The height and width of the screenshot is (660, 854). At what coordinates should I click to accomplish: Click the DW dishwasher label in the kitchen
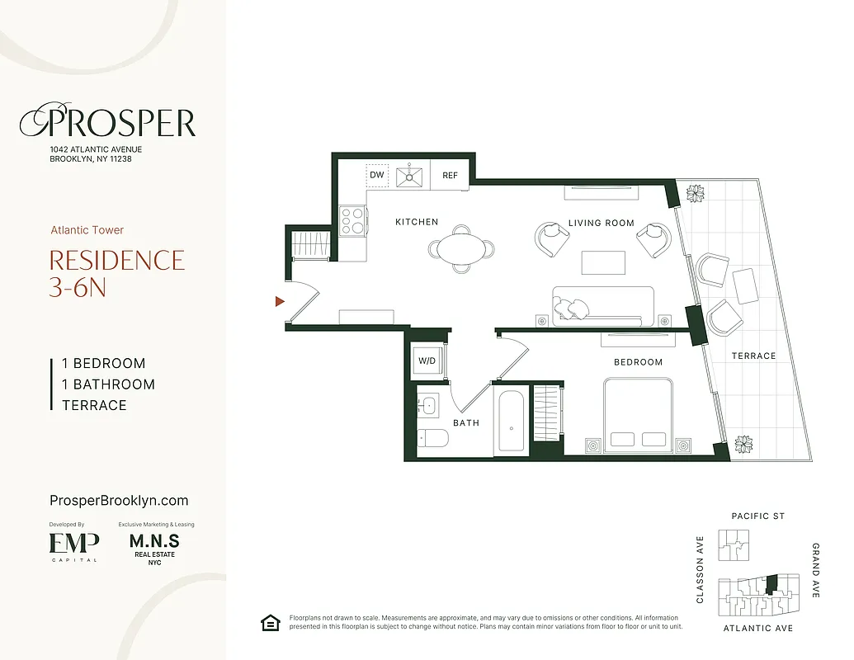pos(377,175)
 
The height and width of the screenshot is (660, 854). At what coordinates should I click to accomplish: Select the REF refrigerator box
pos(450,175)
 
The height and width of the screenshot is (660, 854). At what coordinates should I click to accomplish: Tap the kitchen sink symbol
pos(409,176)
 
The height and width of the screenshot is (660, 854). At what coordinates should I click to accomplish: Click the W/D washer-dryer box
pos(427,361)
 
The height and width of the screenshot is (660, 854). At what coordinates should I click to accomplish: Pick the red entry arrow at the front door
pos(280,302)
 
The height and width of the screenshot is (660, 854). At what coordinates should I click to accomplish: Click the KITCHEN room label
pos(417,222)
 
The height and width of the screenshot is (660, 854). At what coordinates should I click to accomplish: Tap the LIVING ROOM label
pos(601,223)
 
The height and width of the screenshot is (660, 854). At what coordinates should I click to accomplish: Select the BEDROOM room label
pos(638,362)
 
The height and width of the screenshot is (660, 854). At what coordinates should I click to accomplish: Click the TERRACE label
pos(753,356)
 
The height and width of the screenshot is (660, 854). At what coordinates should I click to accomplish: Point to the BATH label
pos(466,422)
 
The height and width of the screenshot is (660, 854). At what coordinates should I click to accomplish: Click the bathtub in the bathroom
pos(512,422)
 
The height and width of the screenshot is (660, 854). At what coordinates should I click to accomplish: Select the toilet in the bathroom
pos(430,437)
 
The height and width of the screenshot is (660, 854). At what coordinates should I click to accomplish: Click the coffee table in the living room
pos(602,262)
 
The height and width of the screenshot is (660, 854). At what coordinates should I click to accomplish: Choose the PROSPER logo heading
pos(108,123)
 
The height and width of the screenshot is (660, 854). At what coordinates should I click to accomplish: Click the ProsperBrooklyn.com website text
pos(120,501)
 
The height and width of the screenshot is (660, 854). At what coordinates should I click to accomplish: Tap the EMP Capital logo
pos(74,544)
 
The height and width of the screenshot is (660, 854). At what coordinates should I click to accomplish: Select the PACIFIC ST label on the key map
pos(758,516)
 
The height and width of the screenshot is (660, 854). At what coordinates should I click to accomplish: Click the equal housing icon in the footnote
pos(269,623)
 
